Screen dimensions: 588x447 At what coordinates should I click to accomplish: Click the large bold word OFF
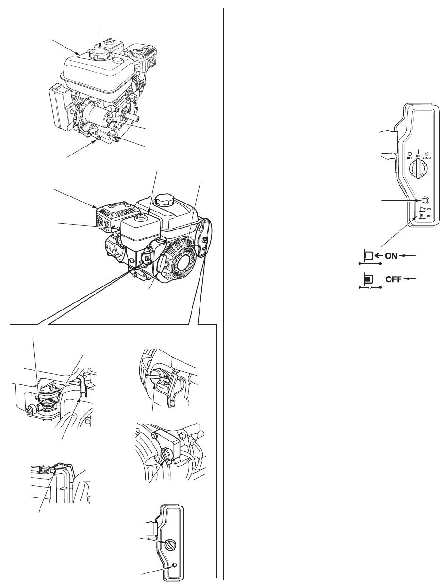point(393,279)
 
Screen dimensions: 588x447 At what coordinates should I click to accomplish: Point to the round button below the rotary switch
point(425,200)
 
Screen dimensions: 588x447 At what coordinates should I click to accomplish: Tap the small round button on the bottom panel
point(175,565)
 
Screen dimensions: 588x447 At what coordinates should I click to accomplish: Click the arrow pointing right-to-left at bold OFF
point(412,279)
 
